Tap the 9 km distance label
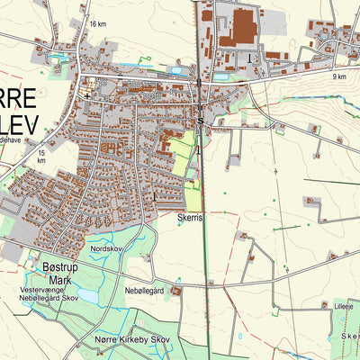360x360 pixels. click(x=338, y=76)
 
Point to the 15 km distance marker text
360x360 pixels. click(x=41, y=157)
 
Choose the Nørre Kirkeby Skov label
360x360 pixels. click(x=131, y=338)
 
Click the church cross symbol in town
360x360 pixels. click(x=86, y=93)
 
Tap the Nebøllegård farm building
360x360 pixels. click(x=176, y=290)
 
